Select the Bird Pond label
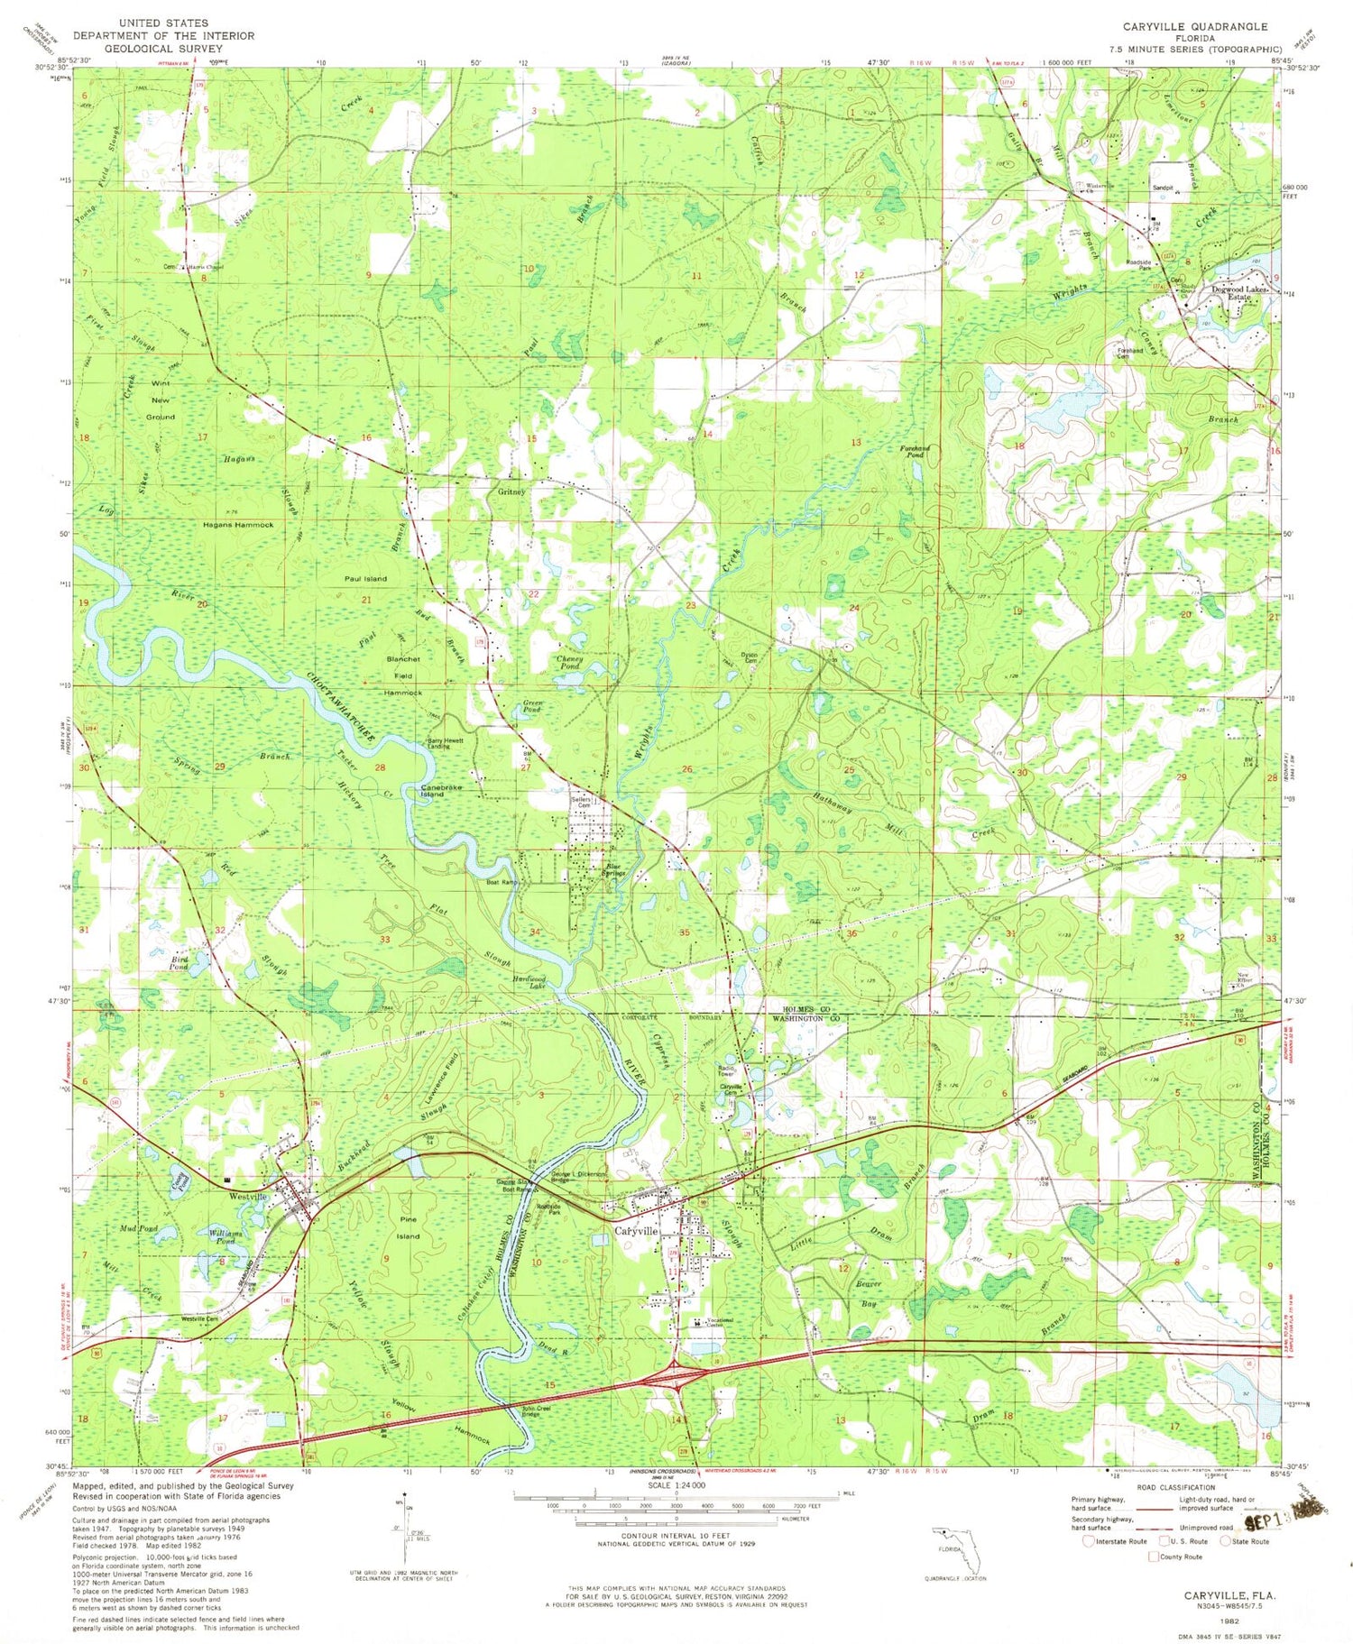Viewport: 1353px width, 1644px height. pyautogui.click(x=179, y=963)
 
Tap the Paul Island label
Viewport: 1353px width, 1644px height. pyautogui.click(x=364, y=578)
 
